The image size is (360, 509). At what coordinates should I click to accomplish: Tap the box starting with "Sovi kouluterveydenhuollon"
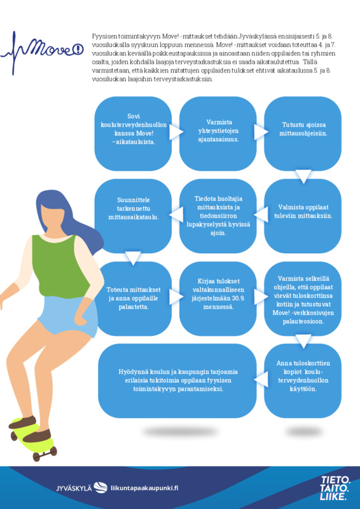[x=133, y=134]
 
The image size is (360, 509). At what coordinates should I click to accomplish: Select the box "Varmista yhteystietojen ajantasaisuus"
[x=218, y=134]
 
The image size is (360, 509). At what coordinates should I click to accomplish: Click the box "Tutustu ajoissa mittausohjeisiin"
[x=303, y=134]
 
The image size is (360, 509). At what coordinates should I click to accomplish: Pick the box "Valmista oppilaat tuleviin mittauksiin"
[x=303, y=216]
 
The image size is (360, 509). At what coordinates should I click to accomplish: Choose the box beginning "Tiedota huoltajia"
[x=218, y=216]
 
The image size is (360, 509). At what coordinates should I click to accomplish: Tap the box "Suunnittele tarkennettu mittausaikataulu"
[x=133, y=216]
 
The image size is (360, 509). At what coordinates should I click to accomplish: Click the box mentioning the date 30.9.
[x=218, y=298]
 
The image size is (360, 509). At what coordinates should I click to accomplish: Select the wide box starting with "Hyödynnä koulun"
[x=177, y=380]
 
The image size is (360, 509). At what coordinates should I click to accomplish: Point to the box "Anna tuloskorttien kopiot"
[x=303, y=380]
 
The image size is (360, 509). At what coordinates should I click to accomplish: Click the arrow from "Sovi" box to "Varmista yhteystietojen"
[x=176, y=132]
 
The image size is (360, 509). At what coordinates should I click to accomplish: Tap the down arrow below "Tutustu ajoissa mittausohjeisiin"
[x=303, y=176]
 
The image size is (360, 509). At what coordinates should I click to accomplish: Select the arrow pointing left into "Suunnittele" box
[x=175, y=214]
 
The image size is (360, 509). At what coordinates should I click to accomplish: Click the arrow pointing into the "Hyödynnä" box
[x=262, y=379]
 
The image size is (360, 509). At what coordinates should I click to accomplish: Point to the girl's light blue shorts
[x=69, y=316]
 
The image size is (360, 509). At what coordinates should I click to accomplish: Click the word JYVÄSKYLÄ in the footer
[x=74, y=488]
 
